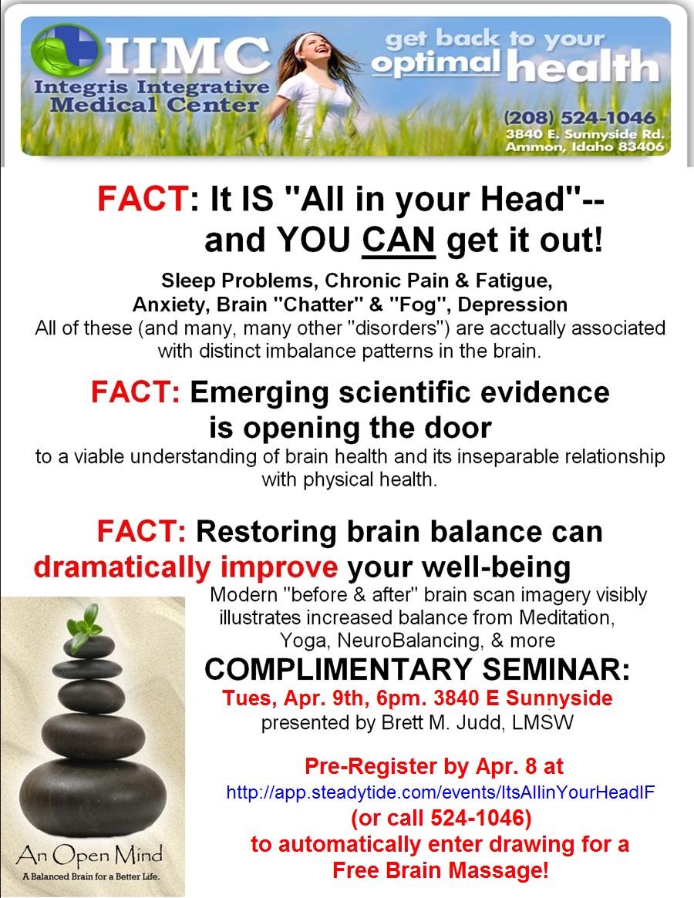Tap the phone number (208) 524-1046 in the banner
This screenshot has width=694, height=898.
pos(580,119)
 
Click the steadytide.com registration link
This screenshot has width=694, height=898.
pos(440,792)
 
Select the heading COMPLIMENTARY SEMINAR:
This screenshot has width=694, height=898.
pos(417,669)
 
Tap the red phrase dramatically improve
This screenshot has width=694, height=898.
pos(186,567)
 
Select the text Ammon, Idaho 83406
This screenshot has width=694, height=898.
pos(584,147)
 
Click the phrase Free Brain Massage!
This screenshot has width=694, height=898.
pos(440,871)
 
